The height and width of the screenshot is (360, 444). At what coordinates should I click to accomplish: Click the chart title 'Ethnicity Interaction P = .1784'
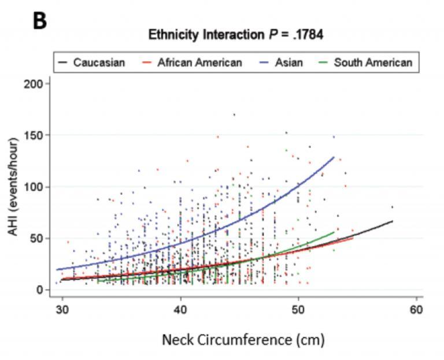point(236,35)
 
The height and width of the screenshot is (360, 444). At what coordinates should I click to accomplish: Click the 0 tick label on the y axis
point(41,290)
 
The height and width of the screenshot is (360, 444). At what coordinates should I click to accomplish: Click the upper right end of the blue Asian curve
point(334,157)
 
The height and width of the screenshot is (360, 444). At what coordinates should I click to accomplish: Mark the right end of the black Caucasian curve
point(393,221)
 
